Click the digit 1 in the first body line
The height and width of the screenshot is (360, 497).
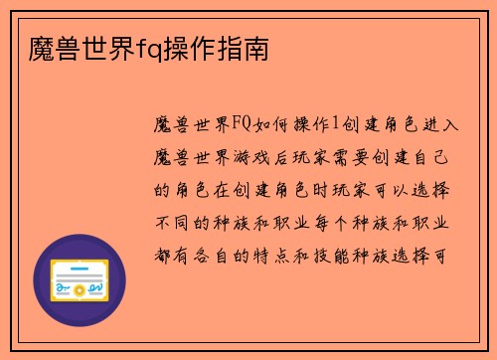coord(336,125)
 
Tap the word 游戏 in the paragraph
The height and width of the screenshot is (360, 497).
coord(256,157)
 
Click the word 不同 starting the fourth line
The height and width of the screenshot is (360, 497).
coord(171,221)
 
